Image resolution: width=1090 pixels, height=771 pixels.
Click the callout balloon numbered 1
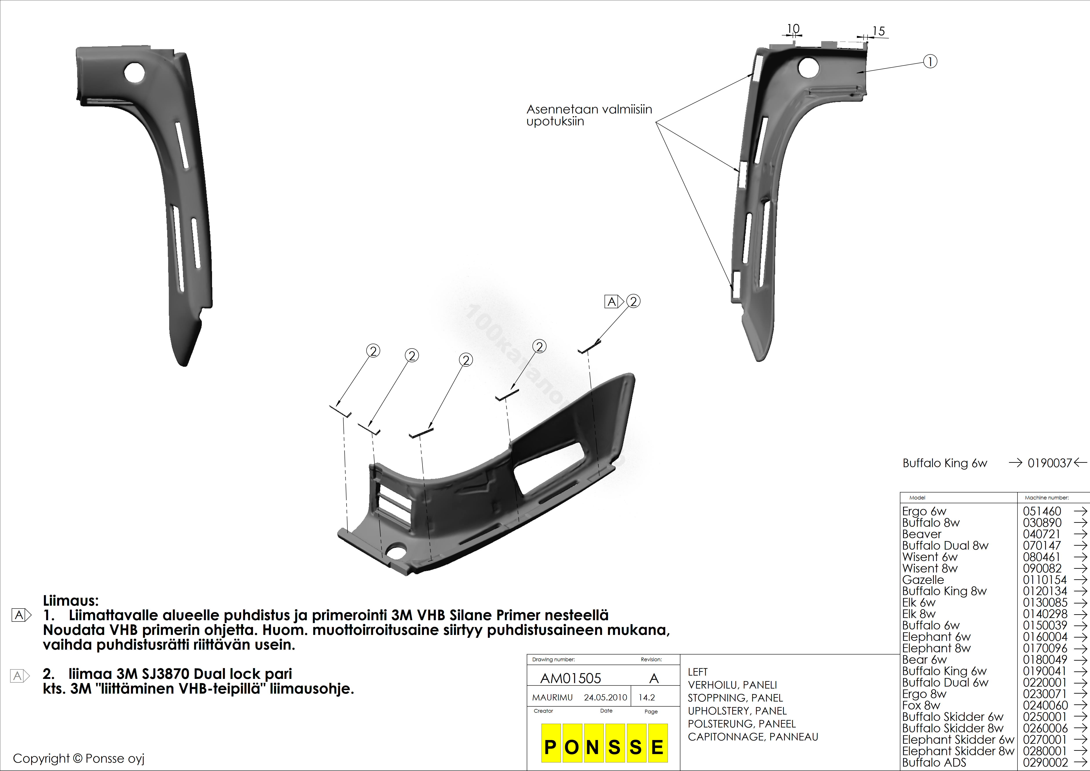coord(930,62)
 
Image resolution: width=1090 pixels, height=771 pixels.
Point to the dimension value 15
coord(879,31)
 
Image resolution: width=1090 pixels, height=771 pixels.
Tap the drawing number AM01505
coord(571,678)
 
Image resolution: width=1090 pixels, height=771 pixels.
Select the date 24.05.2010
coord(605,697)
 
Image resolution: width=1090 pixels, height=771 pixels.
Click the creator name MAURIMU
coord(553,697)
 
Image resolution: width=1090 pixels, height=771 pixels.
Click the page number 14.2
coord(647,697)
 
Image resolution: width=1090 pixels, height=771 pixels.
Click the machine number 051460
coord(1042,511)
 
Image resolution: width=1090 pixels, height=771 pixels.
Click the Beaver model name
coord(921,534)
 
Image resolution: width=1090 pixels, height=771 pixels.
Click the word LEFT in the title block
coord(698,672)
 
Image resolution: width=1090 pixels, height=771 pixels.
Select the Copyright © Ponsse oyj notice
coord(78,759)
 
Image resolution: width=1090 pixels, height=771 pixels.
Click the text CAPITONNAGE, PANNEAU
coord(753,737)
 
